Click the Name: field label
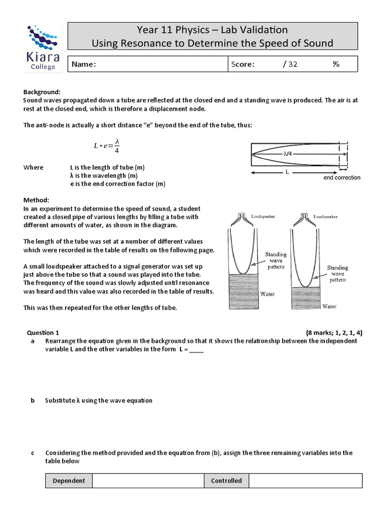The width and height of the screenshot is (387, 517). pyautogui.click(x=84, y=64)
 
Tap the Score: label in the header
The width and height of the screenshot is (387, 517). pyautogui.click(x=243, y=64)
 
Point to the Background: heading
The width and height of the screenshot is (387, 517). pyautogui.click(x=42, y=92)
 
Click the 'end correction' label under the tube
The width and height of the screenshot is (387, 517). pyautogui.click(x=341, y=178)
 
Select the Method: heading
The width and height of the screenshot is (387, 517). pyautogui.click(x=36, y=200)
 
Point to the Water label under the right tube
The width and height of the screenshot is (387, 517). pyautogui.click(x=330, y=306)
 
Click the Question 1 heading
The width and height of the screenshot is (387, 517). pyautogui.click(x=43, y=333)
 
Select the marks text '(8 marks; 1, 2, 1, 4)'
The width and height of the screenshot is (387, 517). pyautogui.click(x=334, y=333)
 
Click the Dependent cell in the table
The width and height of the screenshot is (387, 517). pyautogui.click(x=69, y=481)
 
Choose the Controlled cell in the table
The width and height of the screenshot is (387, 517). pyautogui.click(x=226, y=481)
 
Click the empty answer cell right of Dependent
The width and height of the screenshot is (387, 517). pyautogui.click(x=148, y=481)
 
